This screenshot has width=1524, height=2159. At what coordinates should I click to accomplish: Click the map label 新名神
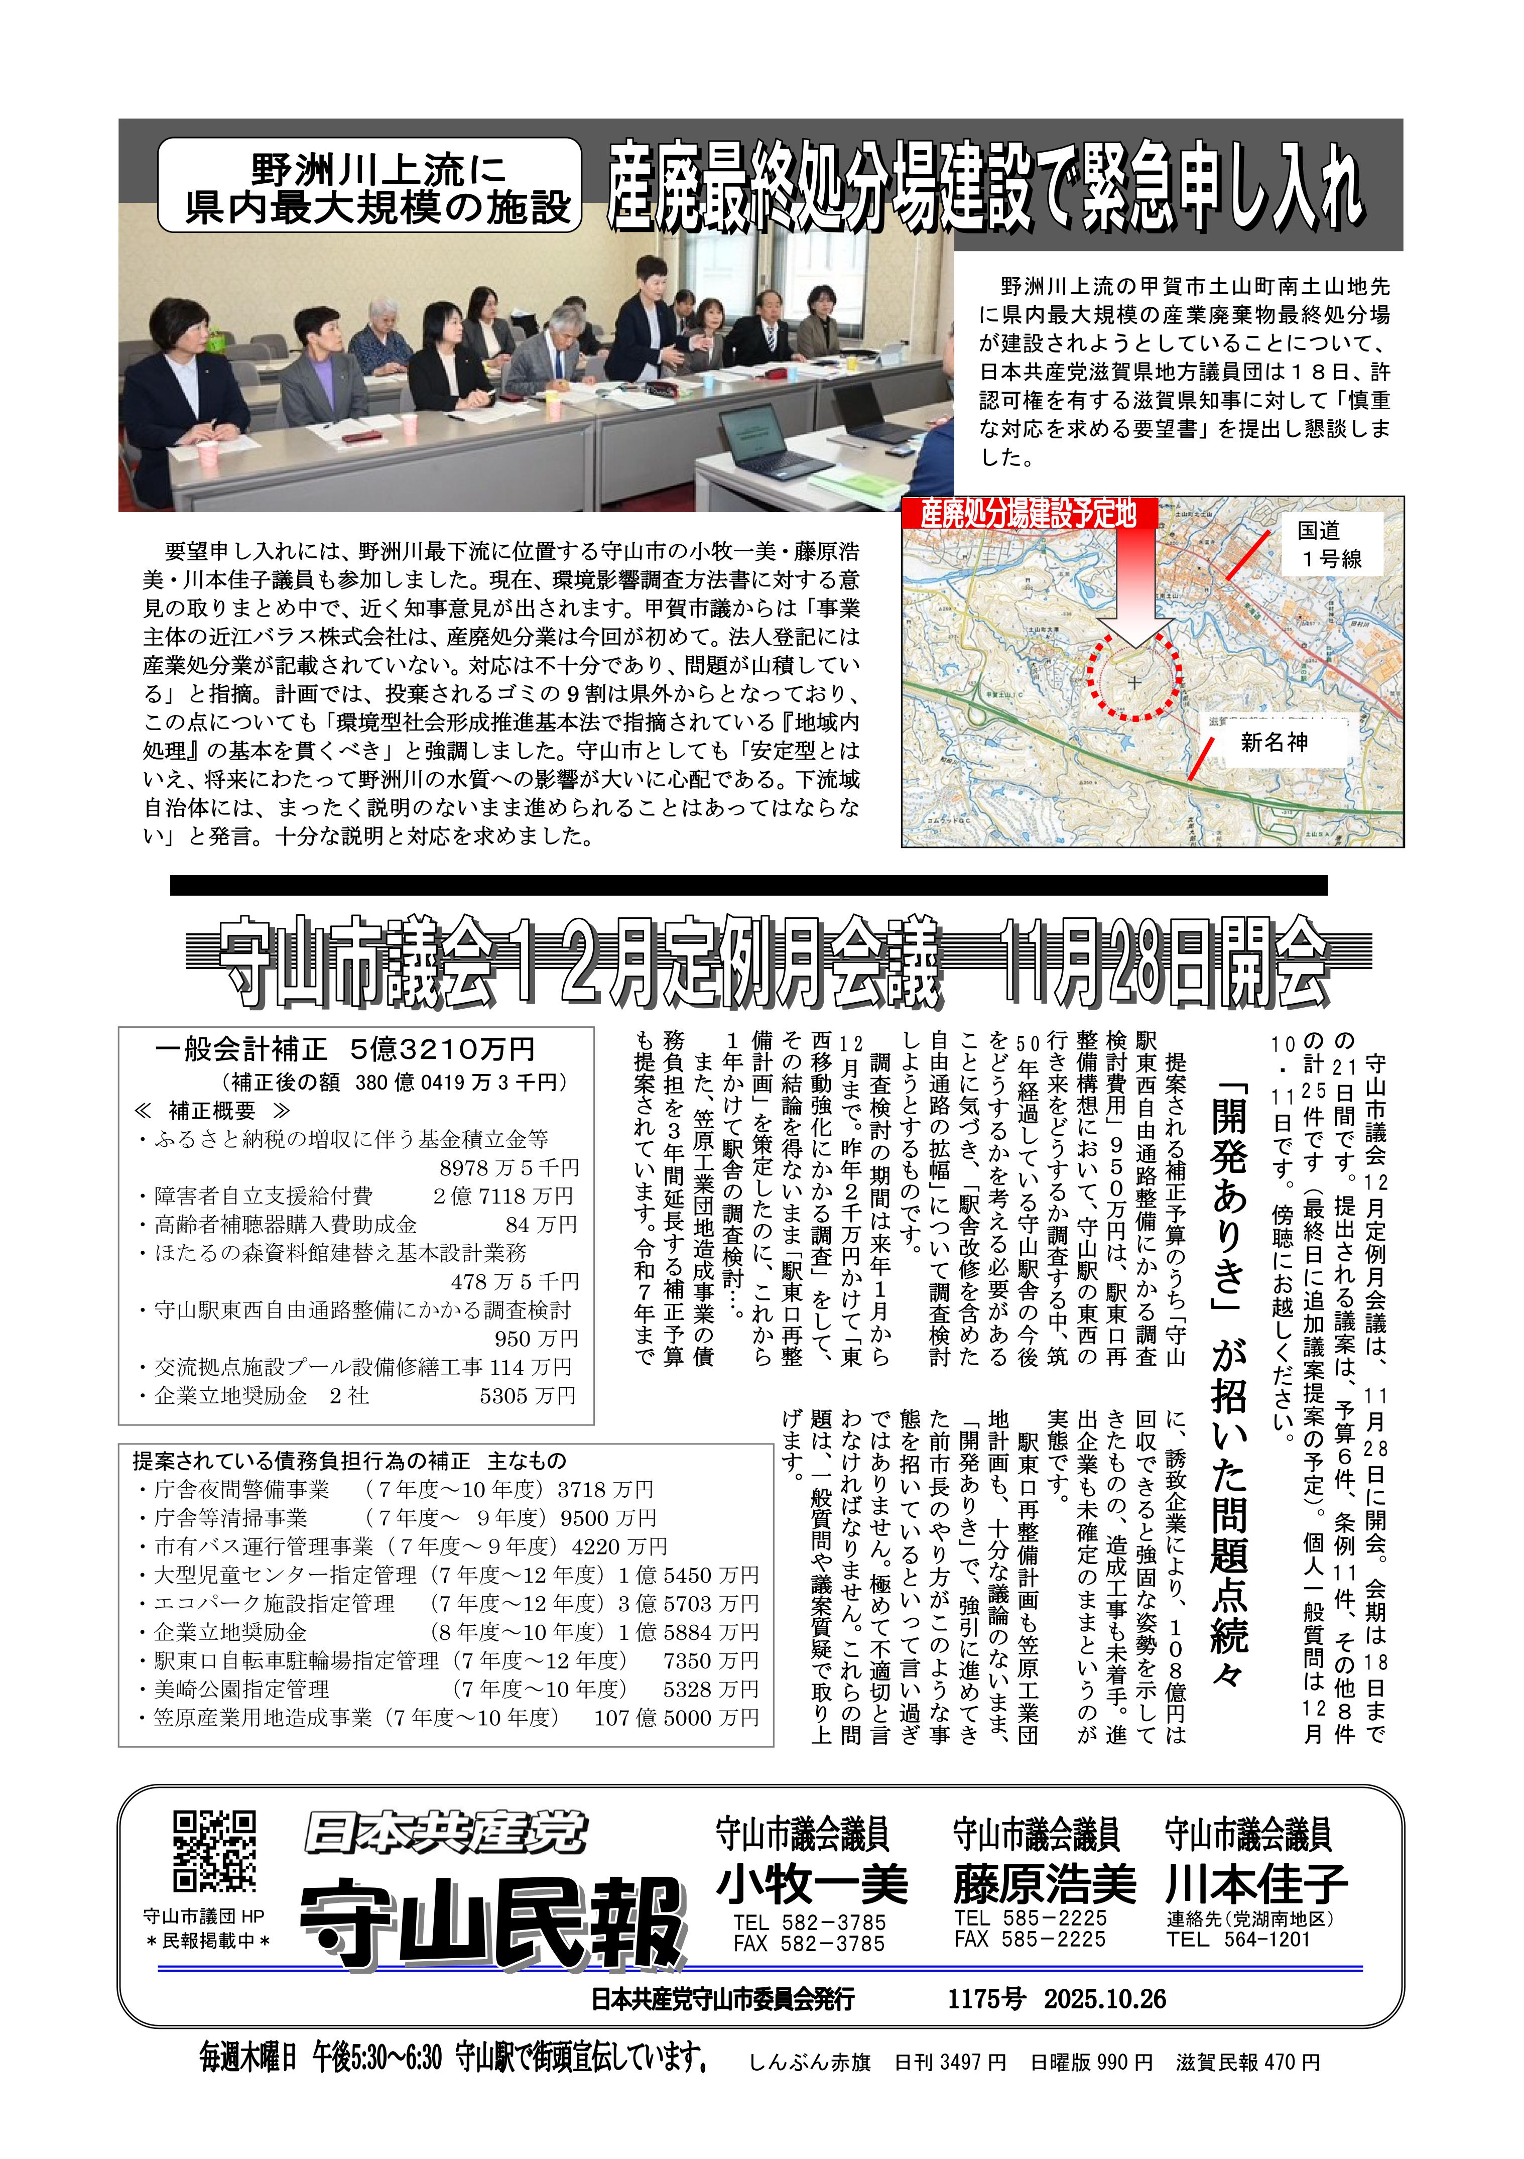pyautogui.click(x=1274, y=743)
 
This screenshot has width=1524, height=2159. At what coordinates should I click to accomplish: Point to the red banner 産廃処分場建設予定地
pyautogui.click(x=1028, y=514)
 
